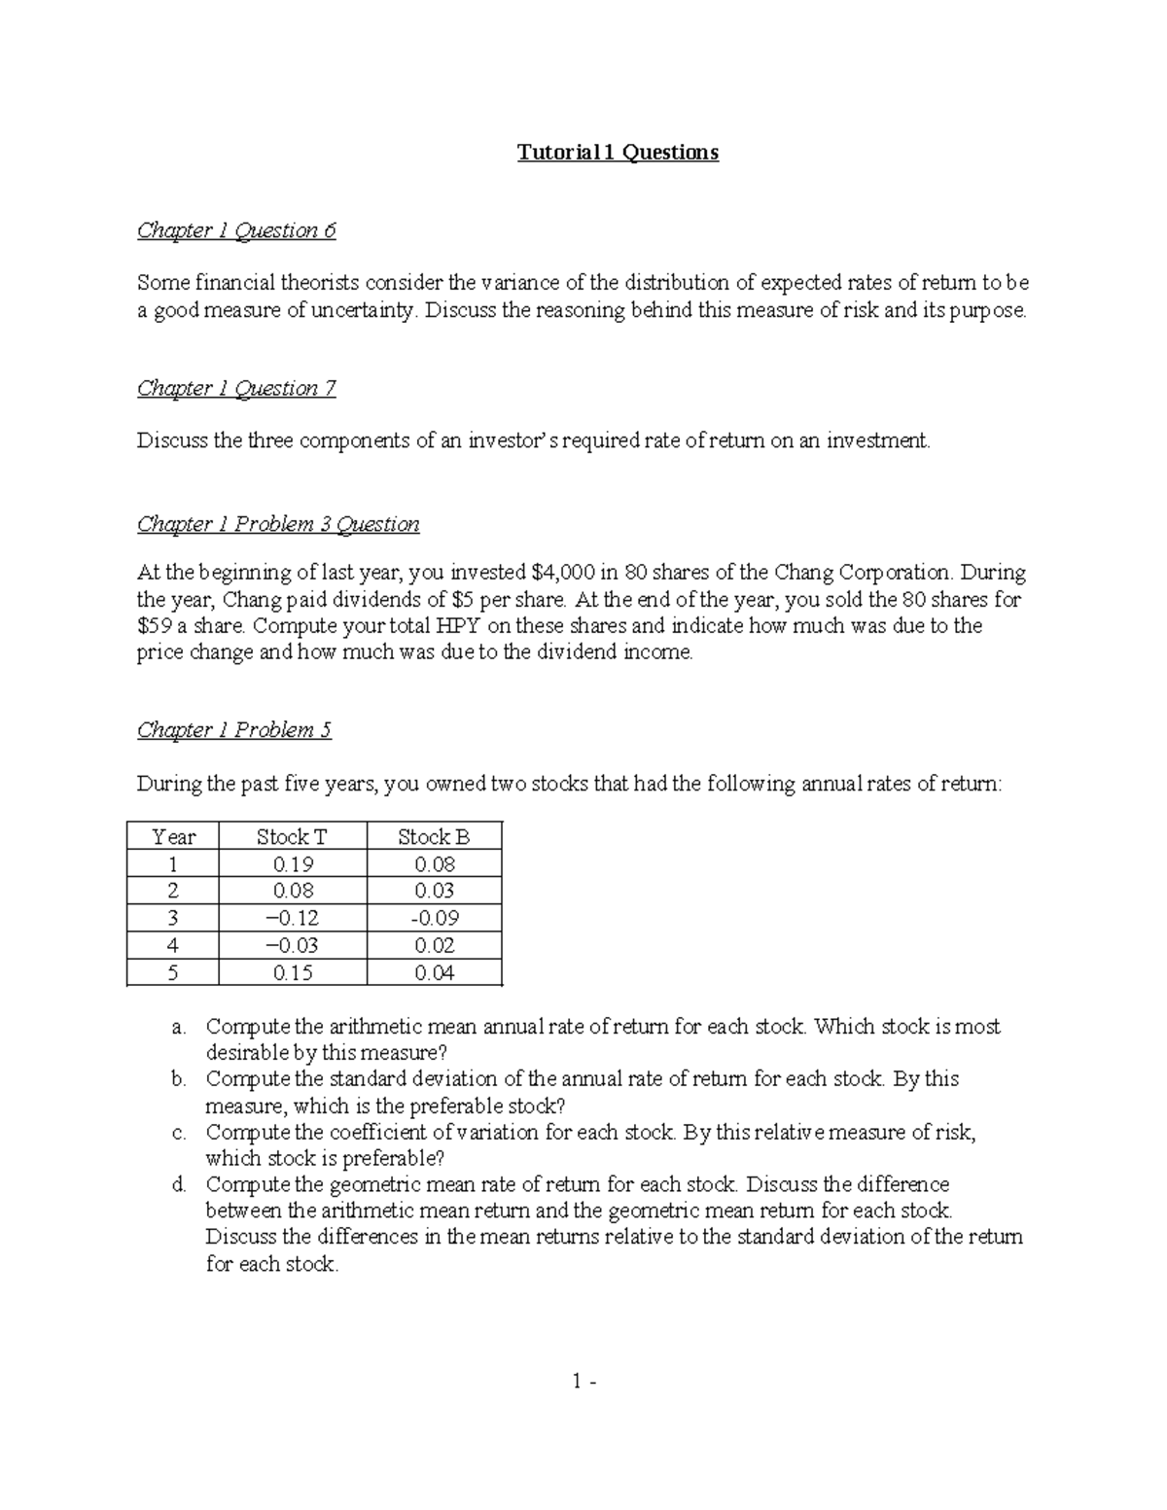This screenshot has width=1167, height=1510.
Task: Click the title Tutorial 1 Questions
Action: (x=618, y=153)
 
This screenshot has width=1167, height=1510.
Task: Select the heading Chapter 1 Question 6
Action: (x=236, y=230)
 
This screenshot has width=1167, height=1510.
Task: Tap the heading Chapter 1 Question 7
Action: (x=236, y=389)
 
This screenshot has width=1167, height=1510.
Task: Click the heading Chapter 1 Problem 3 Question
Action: (x=278, y=525)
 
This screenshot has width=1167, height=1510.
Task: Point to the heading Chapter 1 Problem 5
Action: (x=234, y=730)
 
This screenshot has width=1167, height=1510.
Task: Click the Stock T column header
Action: (x=292, y=837)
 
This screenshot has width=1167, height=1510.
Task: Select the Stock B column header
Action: (x=434, y=837)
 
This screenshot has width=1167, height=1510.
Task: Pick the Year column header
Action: (x=174, y=837)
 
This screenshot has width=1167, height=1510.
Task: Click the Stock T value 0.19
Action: (x=293, y=864)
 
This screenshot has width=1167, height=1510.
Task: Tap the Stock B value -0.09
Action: (x=435, y=918)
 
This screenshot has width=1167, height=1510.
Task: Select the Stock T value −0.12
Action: (x=293, y=918)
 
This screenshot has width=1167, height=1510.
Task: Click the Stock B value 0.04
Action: (x=435, y=972)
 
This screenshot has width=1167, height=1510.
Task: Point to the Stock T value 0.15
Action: (x=293, y=972)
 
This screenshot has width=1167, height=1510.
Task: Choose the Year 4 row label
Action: (x=173, y=945)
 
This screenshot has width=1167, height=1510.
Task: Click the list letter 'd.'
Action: (x=178, y=1185)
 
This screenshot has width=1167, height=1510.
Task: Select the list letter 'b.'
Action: (x=178, y=1079)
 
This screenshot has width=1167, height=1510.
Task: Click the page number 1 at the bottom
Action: (x=578, y=1381)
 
